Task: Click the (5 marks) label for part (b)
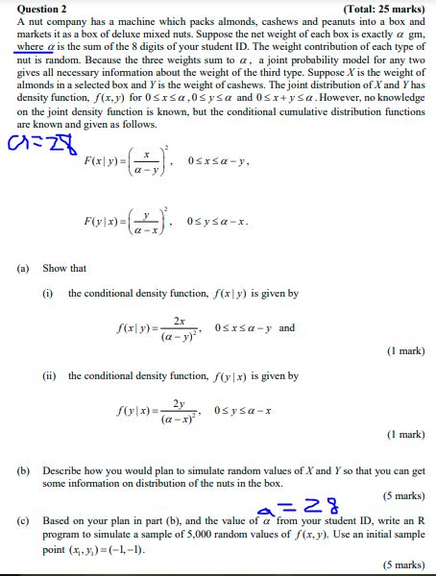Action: (403, 495)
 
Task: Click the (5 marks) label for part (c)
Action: (403, 565)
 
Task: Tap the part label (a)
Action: (24, 269)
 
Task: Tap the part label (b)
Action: (24, 471)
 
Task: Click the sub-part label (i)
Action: (47, 293)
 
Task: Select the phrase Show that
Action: (64, 269)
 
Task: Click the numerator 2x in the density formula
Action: (180, 321)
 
